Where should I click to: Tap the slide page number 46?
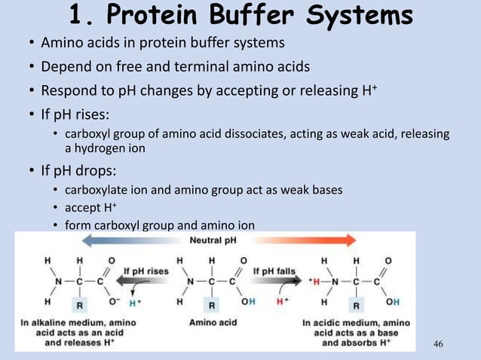coord(440,344)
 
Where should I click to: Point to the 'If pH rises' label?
coord(147,269)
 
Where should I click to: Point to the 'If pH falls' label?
coord(278,269)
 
